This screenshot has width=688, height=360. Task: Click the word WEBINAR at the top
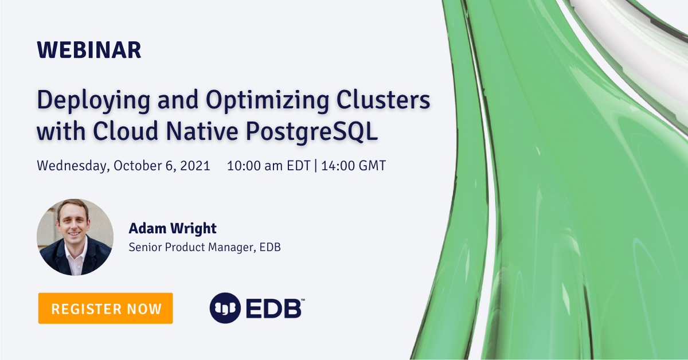89,50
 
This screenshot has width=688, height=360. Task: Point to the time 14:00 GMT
353,166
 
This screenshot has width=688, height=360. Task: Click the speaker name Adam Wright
172,229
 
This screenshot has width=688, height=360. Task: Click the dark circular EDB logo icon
225,308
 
